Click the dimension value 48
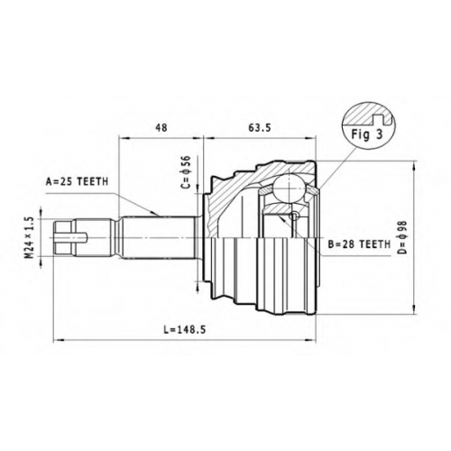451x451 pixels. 161,127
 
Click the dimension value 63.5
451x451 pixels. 260,127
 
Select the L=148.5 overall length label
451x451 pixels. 185,330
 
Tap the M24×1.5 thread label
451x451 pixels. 29,238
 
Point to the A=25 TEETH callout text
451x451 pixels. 77,181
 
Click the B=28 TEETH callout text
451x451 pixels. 359,244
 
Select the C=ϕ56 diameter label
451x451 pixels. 187,171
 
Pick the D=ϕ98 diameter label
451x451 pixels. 403,237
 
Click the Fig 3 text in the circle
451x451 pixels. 367,134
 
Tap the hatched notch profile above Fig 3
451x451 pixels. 370,115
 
